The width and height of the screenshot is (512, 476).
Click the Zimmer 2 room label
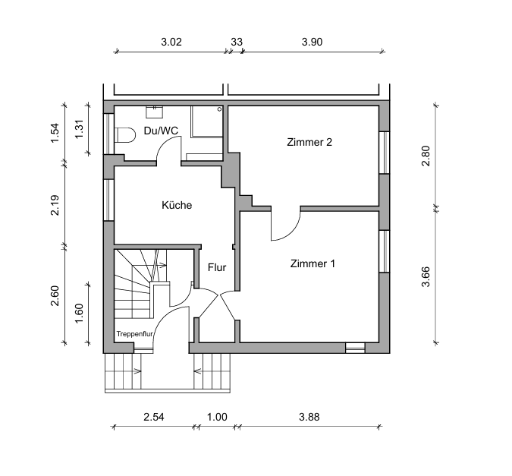click(309, 142)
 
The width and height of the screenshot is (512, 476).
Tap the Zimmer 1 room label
click(313, 263)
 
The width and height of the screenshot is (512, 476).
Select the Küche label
click(177, 205)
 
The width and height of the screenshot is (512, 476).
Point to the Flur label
click(217, 267)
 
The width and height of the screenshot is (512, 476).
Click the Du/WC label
click(161, 131)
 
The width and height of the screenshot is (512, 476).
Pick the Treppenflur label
click(135, 334)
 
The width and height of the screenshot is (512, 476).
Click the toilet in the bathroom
click(125, 135)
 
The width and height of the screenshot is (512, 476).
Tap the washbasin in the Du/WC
click(154, 112)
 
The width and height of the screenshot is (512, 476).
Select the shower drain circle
click(219, 109)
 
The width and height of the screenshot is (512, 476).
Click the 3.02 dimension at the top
click(171, 42)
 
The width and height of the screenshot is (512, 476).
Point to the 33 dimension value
click(237, 42)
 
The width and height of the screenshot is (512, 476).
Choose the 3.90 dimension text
click(312, 42)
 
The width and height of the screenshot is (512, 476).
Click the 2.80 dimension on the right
click(426, 156)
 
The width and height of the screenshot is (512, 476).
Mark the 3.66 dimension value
click(426, 276)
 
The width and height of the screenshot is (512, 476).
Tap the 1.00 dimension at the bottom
click(217, 417)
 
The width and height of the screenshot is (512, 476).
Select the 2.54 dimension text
click(153, 417)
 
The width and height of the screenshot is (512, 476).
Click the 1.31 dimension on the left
click(80, 129)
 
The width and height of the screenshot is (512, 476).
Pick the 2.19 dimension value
click(55, 205)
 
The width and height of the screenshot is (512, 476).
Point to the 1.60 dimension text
click(80, 314)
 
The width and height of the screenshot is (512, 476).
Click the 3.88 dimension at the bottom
click(309, 417)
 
